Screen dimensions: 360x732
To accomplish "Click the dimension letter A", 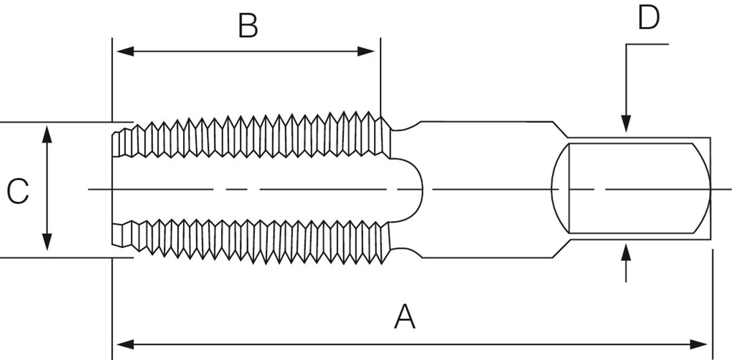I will (x=405, y=318).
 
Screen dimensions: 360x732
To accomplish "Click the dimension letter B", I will (x=248, y=26).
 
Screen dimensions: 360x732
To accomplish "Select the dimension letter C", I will (x=18, y=192).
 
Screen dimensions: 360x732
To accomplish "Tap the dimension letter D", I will (x=649, y=18).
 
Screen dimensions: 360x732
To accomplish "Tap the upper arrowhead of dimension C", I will (x=48, y=132).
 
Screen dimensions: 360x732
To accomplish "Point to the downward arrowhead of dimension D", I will (x=625, y=126).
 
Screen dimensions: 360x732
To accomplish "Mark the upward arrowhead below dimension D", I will (x=625, y=252).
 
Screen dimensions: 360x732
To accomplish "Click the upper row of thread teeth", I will (x=256, y=135).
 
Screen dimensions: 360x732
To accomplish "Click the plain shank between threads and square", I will (x=483, y=189).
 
